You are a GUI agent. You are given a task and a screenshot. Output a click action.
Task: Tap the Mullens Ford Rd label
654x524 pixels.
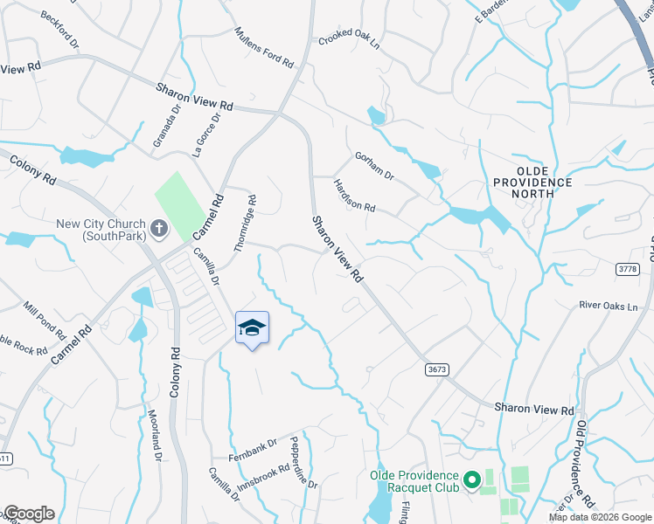point(263,45)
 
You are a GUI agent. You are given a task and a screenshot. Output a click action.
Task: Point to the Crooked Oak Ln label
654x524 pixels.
point(350,39)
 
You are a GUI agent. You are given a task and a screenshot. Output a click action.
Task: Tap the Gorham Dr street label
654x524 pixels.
point(374,166)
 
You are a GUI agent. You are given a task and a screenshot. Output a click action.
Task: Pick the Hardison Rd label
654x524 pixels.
point(354,196)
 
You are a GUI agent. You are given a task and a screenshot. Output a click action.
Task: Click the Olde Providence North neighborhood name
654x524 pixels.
point(544,182)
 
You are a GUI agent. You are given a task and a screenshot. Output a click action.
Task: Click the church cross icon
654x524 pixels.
point(158,230)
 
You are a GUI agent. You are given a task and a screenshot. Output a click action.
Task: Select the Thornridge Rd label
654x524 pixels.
point(245,224)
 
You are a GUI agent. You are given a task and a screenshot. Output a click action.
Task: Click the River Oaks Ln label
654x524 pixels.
point(609,307)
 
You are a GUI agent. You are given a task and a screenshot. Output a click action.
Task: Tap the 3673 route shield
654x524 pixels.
point(438,369)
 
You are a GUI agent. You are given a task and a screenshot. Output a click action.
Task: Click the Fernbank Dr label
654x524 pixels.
point(251,445)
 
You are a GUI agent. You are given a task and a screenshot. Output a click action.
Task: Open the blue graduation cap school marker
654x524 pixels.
point(253,328)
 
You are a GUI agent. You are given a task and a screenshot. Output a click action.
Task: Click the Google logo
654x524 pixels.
point(29,514)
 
